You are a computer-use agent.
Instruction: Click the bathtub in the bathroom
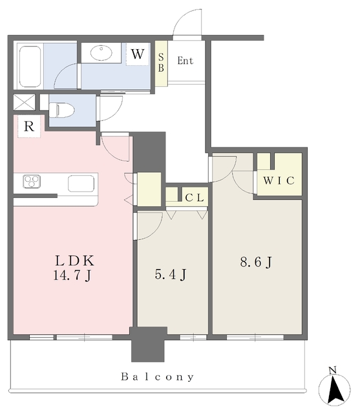pyautogui.click(x=30, y=66)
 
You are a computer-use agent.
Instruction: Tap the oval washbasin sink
pyautogui.click(x=101, y=52)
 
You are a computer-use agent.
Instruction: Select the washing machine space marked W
pyautogui.click(x=138, y=54)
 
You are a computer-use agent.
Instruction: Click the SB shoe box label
pyautogui.click(x=161, y=63)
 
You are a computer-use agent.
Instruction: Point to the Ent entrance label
pyautogui.click(x=185, y=61)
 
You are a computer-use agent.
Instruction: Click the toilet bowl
pyautogui.click(x=62, y=110)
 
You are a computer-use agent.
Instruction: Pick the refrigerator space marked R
pyautogui.click(x=29, y=127)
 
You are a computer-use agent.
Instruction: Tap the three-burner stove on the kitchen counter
pyautogui.click(x=32, y=181)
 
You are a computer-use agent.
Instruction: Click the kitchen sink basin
pyautogui.click(x=81, y=184)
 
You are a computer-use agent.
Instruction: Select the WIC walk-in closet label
pyautogui.click(x=279, y=180)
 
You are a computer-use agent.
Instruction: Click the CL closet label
pyautogui.click(x=195, y=198)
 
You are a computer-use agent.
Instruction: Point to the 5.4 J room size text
pyautogui.click(x=171, y=274)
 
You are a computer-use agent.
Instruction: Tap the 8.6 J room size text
pyautogui.click(x=256, y=262)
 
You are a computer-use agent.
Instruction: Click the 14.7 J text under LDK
pyautogui.click(x=72, y=276)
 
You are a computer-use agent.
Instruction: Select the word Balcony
pyautogui.click(x=158, y=376)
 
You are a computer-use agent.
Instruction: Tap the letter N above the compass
pyautogui.click(x=333, y=371)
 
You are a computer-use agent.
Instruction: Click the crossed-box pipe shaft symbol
pyautogui.click(x=25, y=102)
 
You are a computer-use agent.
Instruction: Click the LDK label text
pyautogui.click(x=74, y=261)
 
